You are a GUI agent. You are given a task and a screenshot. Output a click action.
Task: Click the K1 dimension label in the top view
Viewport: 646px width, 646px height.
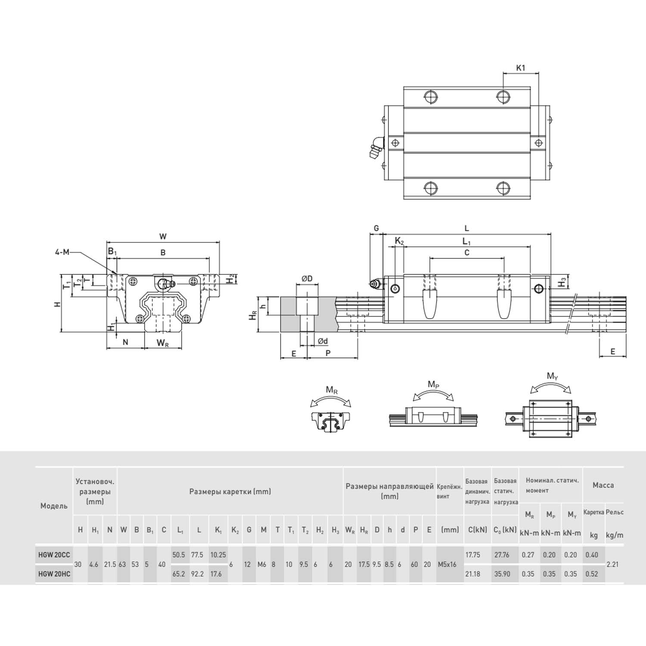520,68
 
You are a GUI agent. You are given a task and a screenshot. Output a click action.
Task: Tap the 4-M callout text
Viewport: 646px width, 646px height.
62,252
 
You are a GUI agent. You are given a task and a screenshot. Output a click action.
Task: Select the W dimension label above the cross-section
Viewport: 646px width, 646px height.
163,236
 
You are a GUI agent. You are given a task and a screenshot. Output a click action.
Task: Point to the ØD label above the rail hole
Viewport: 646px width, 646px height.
307,279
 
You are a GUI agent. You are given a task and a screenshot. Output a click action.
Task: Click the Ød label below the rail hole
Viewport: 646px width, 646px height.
323,341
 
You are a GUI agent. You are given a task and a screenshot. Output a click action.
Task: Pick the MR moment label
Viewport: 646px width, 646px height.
332,390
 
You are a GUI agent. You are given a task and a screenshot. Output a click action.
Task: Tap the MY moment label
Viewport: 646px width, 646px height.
552,376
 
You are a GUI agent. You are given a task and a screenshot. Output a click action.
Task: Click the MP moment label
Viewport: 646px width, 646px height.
433,384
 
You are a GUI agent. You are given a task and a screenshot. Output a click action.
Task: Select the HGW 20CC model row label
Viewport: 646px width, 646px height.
54,555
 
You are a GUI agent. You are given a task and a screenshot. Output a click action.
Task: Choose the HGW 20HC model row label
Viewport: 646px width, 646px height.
54,574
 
